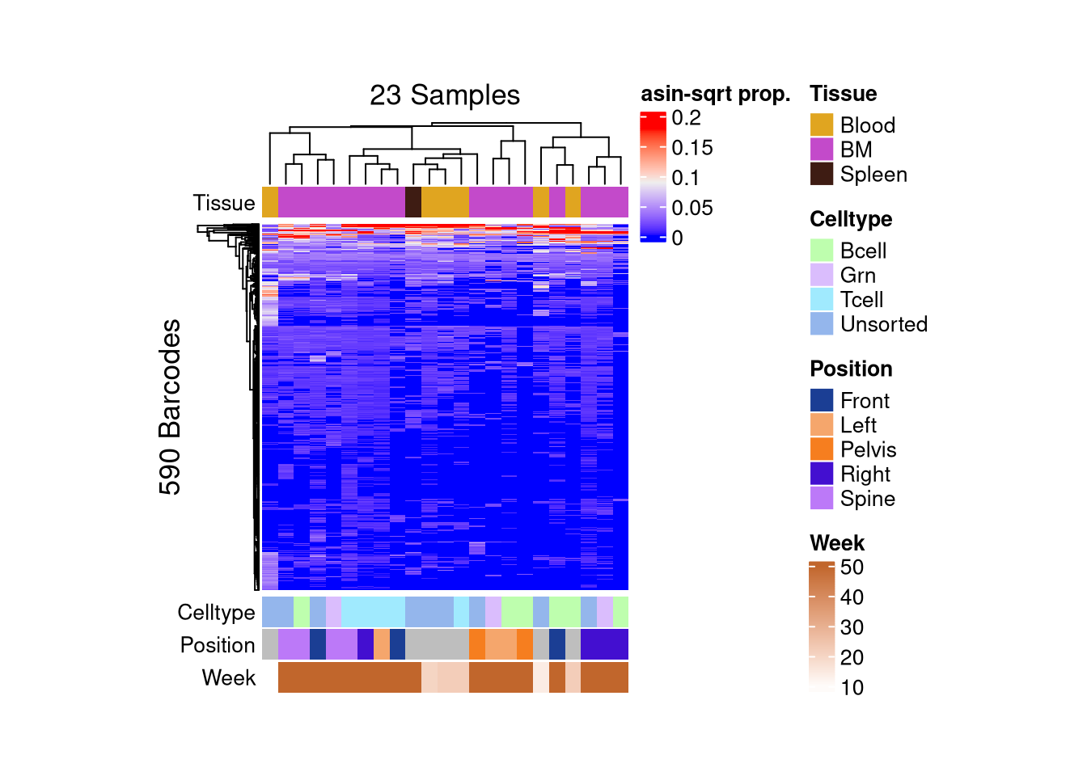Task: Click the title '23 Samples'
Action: click(x=445, y=95)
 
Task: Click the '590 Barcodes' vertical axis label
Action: click(x=170, y=407)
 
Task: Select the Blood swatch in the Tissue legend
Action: click(x=822, y=125)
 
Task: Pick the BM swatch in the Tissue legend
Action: click(x=822, y=150)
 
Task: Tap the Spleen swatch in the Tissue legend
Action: click(x=822, y=174)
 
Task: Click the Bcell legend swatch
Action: click(x=822, y=251)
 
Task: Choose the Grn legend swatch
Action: click(x=822, y=275)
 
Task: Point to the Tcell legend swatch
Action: click(x=822, y=299)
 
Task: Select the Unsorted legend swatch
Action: click(x=822, y=323)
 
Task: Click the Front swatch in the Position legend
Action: click(x=822, y=400)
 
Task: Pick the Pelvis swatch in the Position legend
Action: click(x=822, y=449)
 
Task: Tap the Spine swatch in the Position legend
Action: click(x=822, y=498)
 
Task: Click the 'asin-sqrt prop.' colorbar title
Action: click(x=715, y=94)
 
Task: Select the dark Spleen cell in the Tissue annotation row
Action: click(x=412, y=202)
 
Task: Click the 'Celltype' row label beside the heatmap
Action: click(x=216, y=613)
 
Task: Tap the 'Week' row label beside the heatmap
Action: click(x=229, y=677)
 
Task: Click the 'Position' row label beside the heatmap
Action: click(x=218, y=645)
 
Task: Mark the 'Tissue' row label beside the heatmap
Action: click(x=224, y=203)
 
